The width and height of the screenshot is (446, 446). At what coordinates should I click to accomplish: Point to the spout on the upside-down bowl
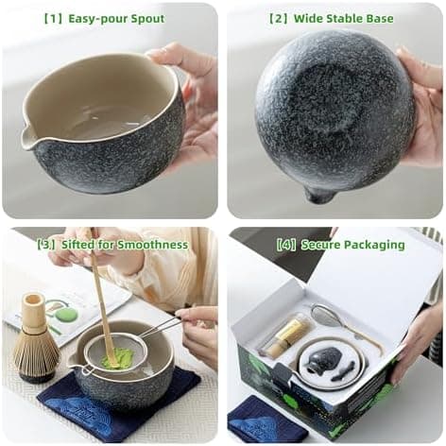pyautogui.click(x=320, y=195)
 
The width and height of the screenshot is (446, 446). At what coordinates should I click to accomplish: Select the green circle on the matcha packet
pyautogui.click(x=65, y=315)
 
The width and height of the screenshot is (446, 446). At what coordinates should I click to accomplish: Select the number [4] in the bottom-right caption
pyautogui.click(x=285, y=245)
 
